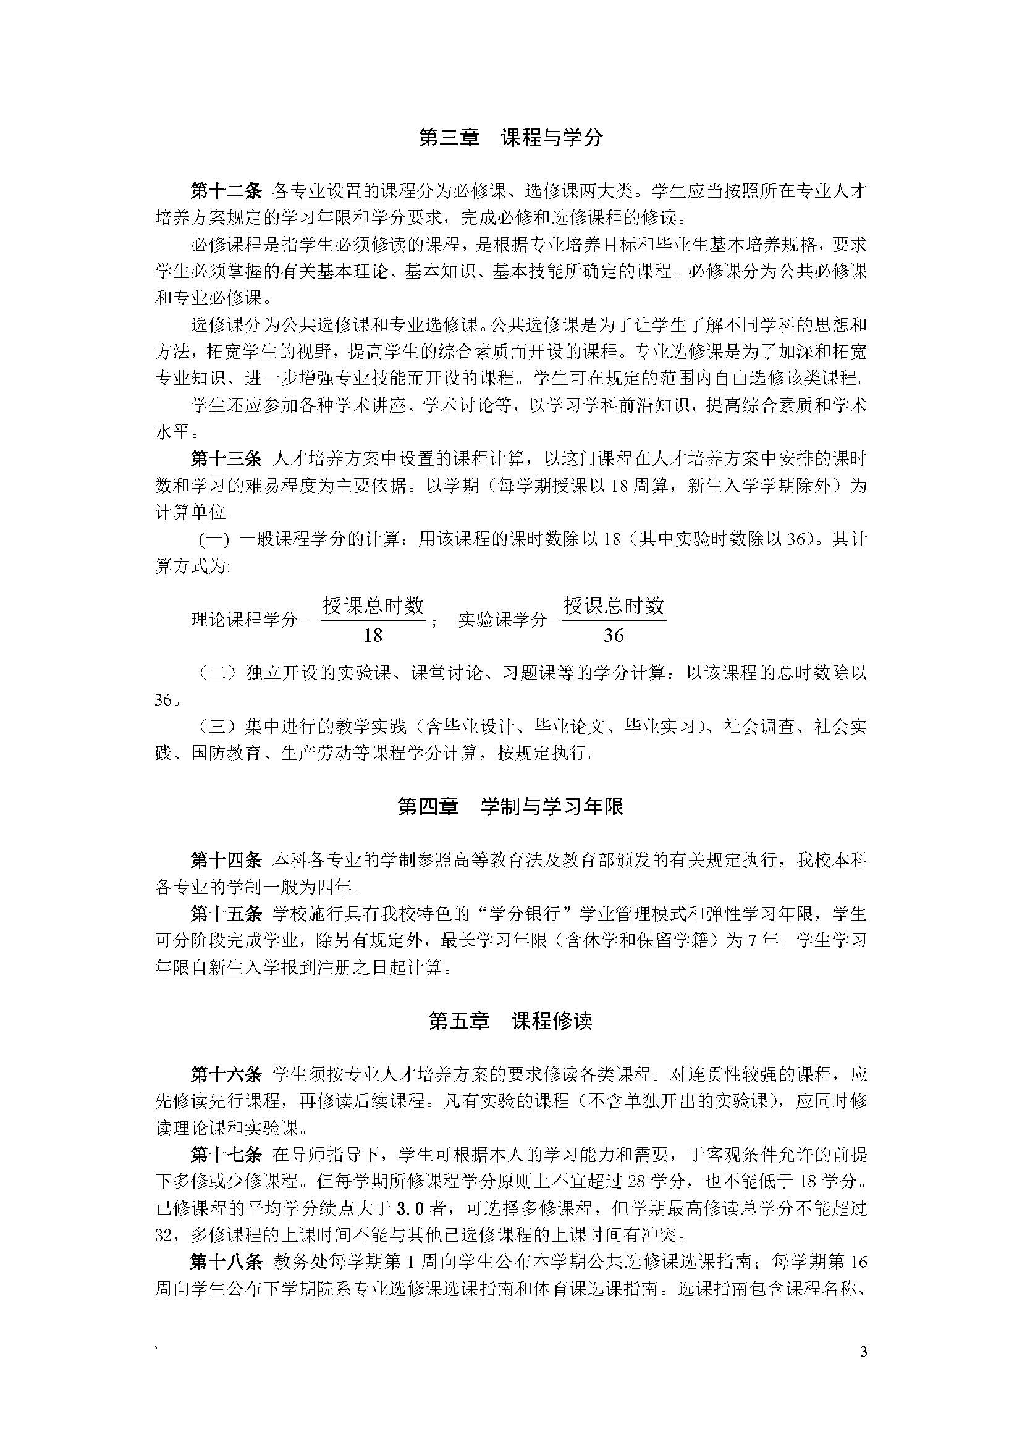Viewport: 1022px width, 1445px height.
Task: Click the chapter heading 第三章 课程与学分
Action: point(510,138)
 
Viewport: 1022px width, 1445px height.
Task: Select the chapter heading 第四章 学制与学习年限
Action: point(510,806)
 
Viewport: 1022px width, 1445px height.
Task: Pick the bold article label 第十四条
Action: point(226,861)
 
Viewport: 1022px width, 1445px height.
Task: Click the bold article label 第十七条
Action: point(226,1155)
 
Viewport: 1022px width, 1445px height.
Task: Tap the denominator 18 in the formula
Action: point(373,635)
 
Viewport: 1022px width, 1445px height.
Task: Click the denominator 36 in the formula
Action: point(613,635)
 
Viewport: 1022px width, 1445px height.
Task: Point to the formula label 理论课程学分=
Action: point(249,620)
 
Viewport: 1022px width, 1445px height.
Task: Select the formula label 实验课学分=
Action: point(508,620)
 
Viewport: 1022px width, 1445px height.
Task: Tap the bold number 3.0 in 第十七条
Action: point(411,1209)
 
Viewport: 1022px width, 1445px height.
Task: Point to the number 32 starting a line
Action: point(163,1236)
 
